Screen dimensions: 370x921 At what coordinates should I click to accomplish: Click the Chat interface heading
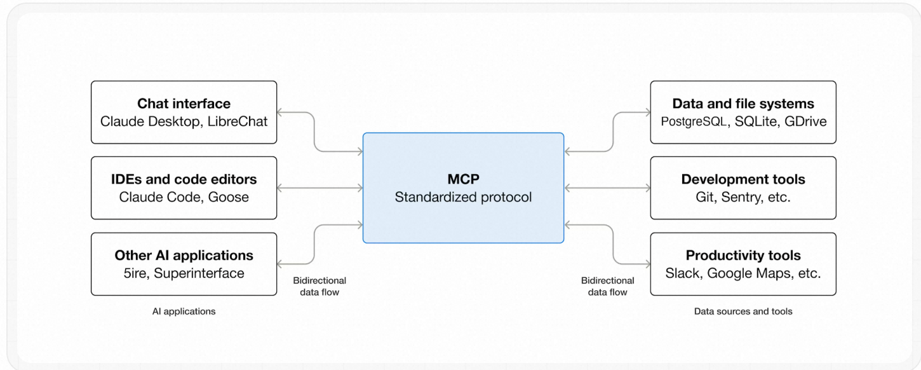coord(184,104)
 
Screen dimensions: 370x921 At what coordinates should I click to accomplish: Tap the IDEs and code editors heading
coord(184,180)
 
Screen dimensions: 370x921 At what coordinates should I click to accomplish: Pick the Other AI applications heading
coord(184,256)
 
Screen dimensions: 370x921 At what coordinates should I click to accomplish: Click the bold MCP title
coord(463,180)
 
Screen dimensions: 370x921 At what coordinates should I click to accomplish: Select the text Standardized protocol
coord(463,197)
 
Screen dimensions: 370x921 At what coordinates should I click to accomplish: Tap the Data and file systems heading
coord(743,104)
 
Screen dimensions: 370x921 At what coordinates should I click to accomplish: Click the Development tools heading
coord(743,180)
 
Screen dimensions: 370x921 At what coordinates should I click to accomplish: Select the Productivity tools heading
coord(743,256)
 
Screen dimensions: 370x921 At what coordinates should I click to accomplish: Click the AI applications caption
coord(184,312)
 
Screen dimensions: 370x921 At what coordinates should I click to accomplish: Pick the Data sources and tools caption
coord(743,312)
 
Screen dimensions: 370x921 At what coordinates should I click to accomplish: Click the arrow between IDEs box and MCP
coord(320,188)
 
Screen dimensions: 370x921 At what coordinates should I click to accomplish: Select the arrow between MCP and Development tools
coord(607,188)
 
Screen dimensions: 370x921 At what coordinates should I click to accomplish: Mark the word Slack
coord(682,273)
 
